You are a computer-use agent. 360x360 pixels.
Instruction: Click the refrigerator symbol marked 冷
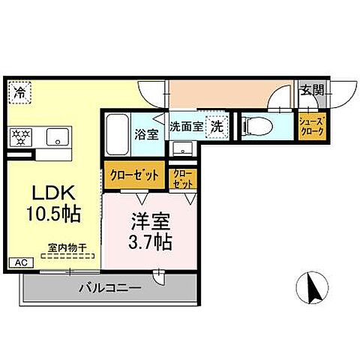coord(19,94)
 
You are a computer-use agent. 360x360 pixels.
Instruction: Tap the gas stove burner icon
coord(20,137)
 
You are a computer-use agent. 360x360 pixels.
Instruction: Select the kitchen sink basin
coord(57,137)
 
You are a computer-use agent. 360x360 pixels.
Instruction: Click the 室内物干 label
coord(63,245)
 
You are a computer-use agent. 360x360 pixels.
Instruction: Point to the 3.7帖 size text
coord(149,241)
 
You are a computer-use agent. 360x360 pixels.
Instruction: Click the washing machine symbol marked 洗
coord(216,127)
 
